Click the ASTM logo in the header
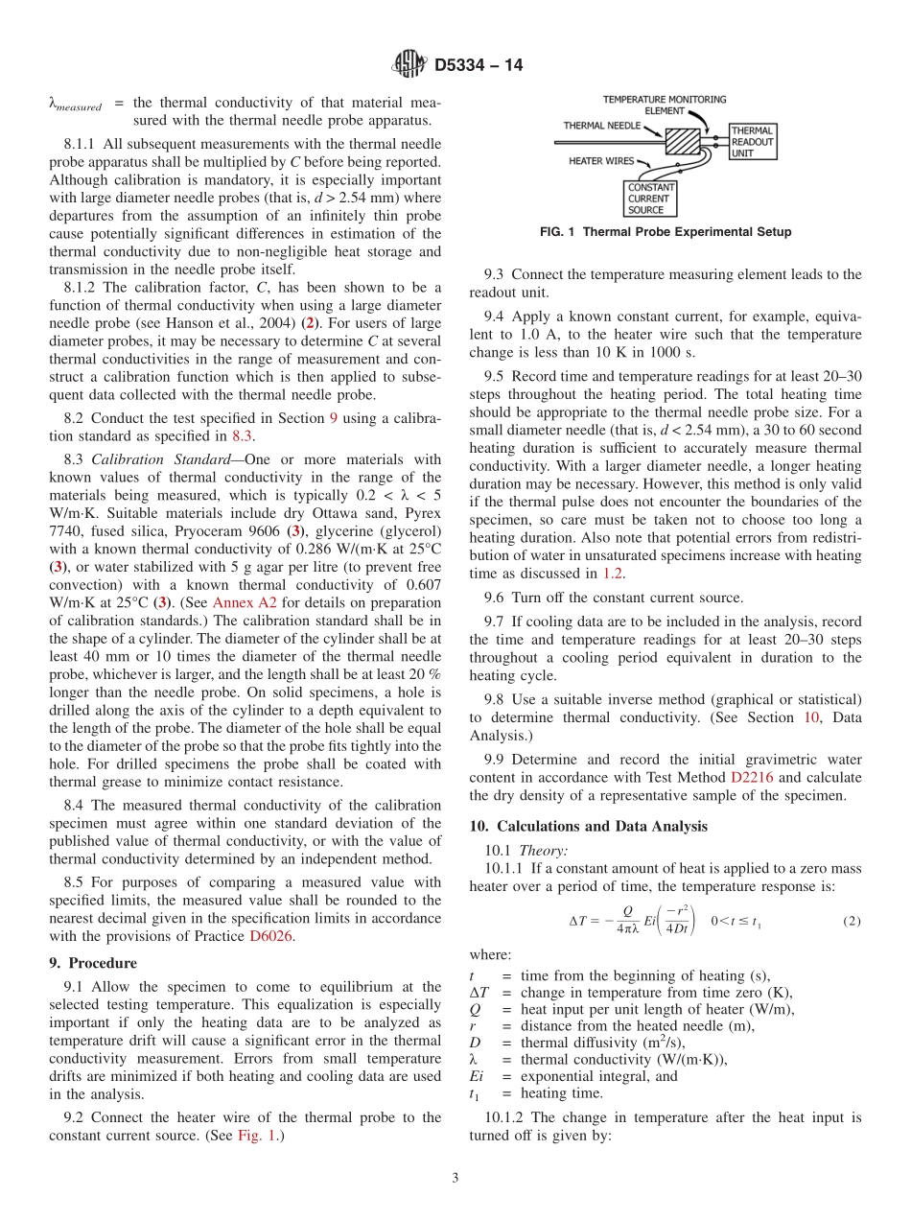click(409, 65)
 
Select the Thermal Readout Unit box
click(752, 141)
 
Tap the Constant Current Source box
click(651, 198)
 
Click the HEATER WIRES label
click(601, 161)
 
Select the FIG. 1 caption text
click(665, 232)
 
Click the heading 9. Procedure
click(92, 963)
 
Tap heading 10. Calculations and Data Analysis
click(588, 826)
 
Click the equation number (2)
click(852, 921)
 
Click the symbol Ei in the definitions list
click(477, 1075)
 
